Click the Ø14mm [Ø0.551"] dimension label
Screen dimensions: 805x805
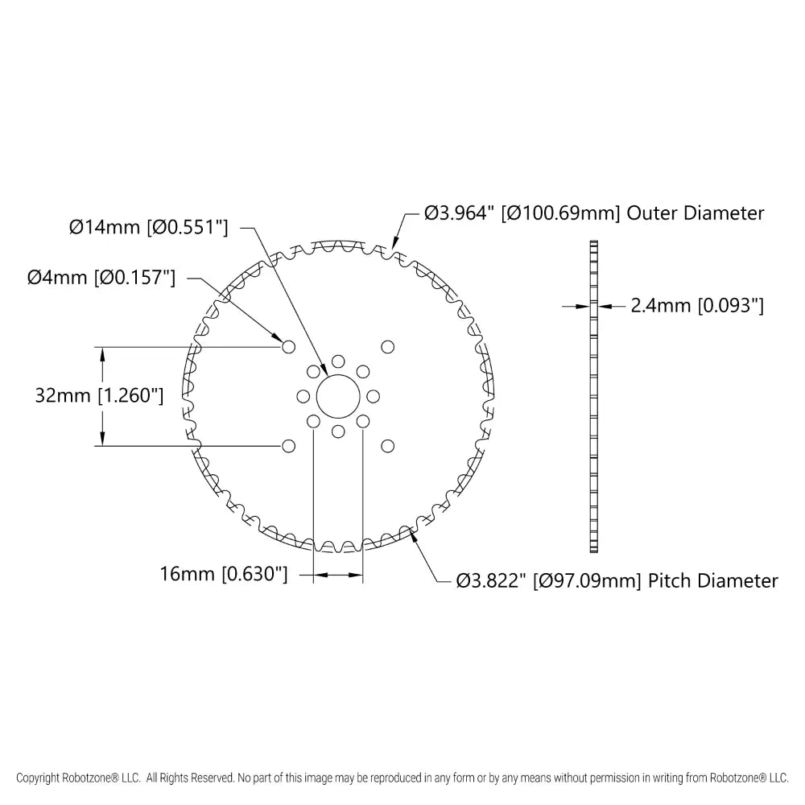[148, 227]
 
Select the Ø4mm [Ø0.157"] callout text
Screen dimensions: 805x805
[101, 278]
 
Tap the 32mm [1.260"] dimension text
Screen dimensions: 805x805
[99, 396]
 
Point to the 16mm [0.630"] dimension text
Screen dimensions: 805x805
[224, 574]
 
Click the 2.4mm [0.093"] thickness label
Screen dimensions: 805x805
[697, 306]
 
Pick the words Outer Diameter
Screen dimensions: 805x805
[696, 213]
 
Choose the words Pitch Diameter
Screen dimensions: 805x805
[713, 581]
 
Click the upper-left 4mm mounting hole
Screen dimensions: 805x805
[288, 347]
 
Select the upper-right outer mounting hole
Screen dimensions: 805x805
[388, 347]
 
